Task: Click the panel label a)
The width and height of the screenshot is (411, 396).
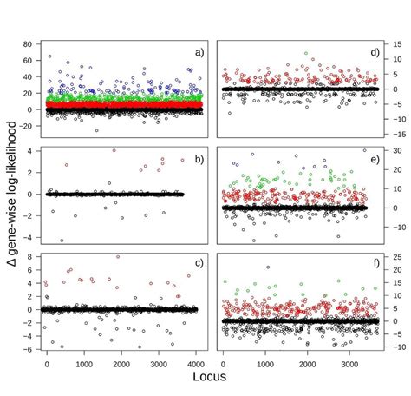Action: point(199,52)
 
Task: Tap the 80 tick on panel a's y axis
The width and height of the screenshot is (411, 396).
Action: point(28,43)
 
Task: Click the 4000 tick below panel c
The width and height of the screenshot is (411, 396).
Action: point(196,365)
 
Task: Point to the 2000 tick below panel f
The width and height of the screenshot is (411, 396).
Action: point(308,365)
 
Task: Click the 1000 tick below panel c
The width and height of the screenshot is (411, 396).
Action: point(84,365)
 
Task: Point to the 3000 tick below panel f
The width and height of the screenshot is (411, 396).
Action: point(349,365)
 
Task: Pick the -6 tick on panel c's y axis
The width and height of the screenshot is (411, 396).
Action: point(29,349)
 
